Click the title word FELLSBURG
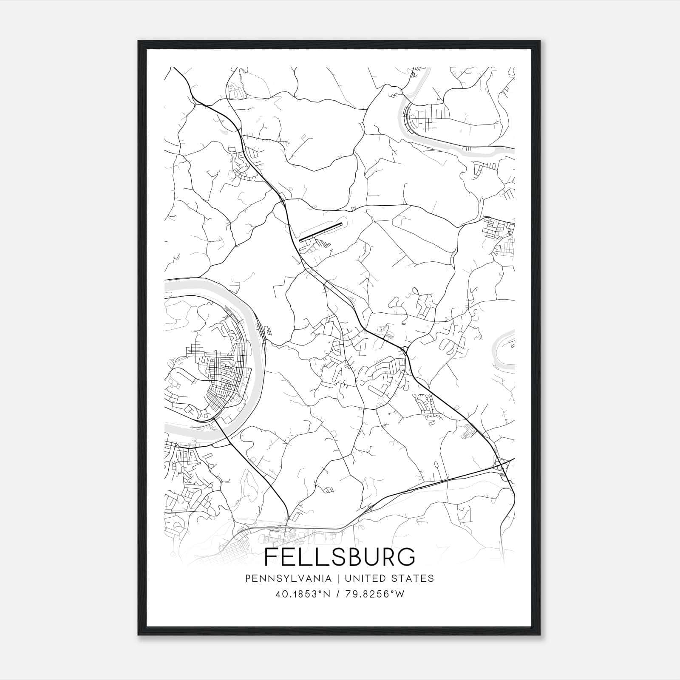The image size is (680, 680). [x=340, y=557]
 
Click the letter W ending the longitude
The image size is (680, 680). [x=400, y=594]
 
